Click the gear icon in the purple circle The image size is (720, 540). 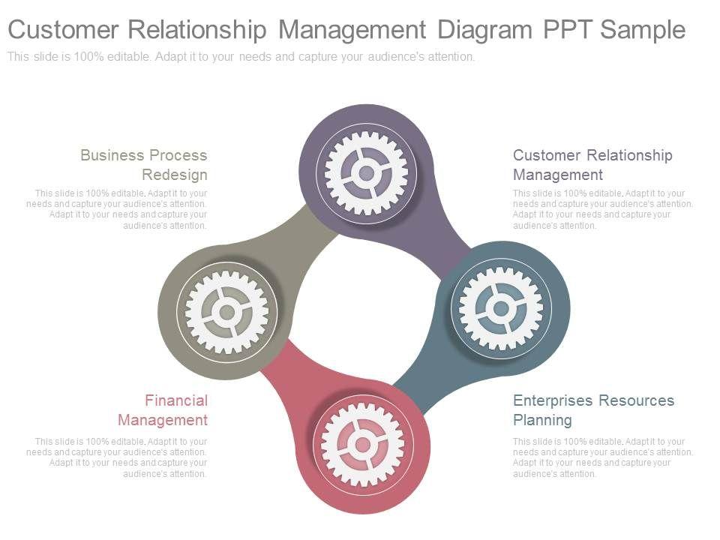pos(366,173)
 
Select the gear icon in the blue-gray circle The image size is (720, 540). pos(501,308)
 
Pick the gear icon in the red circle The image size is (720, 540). pos(363,445)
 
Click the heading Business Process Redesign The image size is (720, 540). pos(144,165)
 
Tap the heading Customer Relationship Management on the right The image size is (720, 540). pos(592,165)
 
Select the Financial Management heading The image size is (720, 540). pos(163,410)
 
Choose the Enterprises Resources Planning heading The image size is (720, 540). pos(593,410)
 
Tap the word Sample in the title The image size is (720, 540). pos(643,30)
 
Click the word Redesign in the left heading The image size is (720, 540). pos(175,175)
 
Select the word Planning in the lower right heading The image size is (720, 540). pos(542,420)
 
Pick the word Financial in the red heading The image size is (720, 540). pos(176,400)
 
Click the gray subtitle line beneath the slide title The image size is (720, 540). pos(241,57)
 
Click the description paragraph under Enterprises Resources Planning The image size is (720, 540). pos(602,457)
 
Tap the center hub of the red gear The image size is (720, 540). pos(363,445)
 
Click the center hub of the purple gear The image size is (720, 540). pos(366,173)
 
